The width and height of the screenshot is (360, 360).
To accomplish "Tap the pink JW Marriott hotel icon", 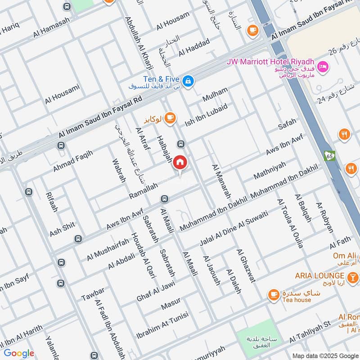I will (323, 67).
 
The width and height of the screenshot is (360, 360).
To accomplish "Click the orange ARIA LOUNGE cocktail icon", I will (353, 275).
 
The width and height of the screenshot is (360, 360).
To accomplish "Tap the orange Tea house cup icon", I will (273, 295).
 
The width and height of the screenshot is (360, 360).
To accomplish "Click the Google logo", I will (19, 353).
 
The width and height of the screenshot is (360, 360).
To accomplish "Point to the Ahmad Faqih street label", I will (72, 161).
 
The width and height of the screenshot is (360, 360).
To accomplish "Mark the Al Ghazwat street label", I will (246, 265).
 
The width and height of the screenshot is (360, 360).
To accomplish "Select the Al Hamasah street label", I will (52, 28).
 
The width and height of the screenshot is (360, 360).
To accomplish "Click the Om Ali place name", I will (345, 256).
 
